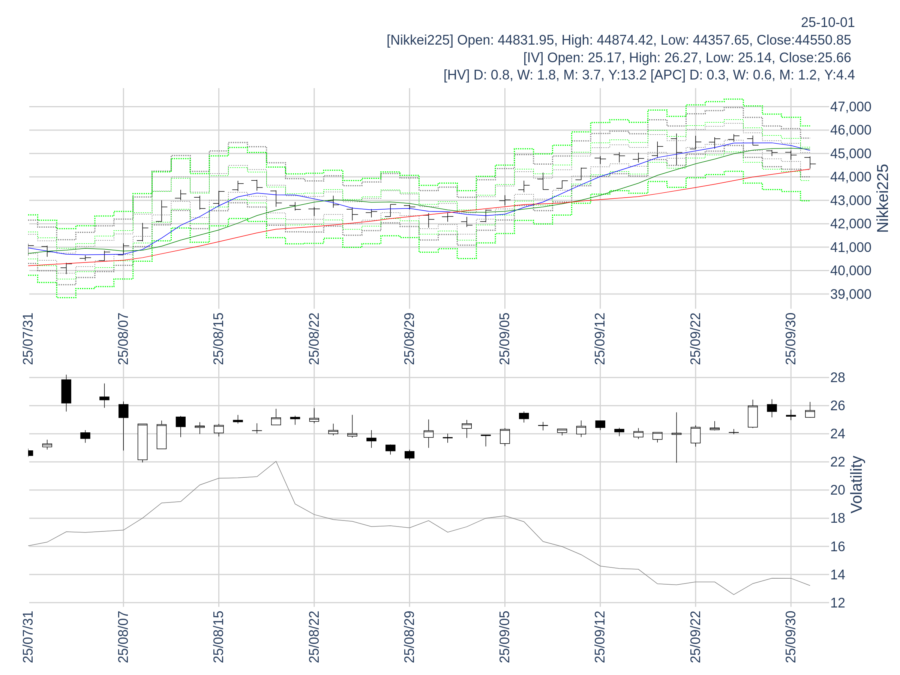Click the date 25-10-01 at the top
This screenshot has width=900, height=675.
point(827,22)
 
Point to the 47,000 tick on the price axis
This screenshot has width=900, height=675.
point(850,107)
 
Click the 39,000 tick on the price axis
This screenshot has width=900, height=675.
point(850,294)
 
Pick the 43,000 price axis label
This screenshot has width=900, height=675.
point(850,201)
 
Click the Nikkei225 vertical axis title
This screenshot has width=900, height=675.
point(883,198)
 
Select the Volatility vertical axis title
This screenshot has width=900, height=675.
point(856,484)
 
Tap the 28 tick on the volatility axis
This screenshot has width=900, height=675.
point(838,378)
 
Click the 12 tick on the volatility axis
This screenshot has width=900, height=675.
point(838,603)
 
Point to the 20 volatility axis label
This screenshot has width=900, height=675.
point(838,490)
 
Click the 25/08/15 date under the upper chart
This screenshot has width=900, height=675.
point(219,339)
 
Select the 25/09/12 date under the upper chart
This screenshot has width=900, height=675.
point(600,339)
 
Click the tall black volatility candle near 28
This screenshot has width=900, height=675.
point(66,391)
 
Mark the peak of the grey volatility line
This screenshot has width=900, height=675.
point(276,461)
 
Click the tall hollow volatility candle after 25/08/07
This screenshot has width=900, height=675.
point(142,442)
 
